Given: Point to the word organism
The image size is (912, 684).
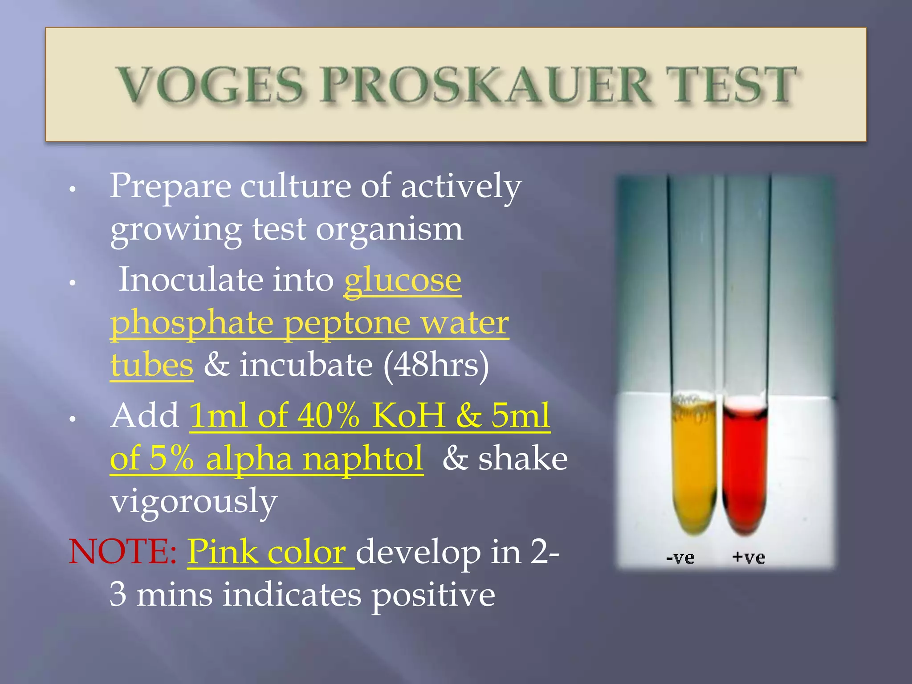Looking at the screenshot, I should point(389,230).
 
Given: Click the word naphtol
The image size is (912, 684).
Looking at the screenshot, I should point(362,459).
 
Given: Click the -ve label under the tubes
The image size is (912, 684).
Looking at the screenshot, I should point(680,558).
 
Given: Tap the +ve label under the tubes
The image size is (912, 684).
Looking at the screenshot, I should point(749,557).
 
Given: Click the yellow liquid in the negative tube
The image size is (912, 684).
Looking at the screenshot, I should point(693,472).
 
